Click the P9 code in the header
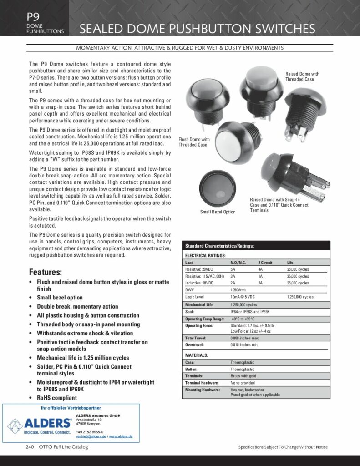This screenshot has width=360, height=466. (x=32, y=17)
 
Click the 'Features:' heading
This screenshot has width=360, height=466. (x=45, y=272)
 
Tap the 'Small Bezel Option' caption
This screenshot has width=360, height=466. (x=218, y=212)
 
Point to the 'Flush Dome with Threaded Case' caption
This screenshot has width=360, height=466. (x=194, y=142)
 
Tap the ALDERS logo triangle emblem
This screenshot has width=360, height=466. (x=15, y=426)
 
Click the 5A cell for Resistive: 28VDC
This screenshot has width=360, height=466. (x=233, y=269)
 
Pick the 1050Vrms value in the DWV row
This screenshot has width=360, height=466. (x=239, y=289)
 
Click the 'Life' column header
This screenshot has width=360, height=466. (x=290, y=263)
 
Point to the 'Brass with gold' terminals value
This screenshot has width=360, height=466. (x=244, y=376)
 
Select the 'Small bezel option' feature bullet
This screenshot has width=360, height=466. (x=60, y=298)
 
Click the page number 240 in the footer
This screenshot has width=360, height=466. (x=30, y=447)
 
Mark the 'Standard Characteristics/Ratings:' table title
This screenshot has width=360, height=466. (x=219, y=246)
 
